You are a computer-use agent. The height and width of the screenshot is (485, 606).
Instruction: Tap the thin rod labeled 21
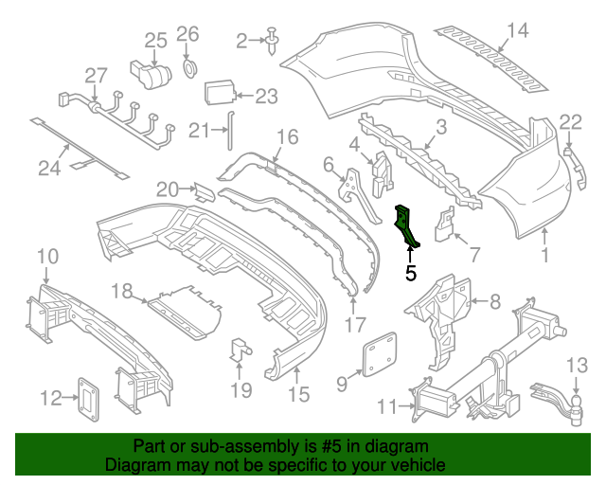tap(227, 131)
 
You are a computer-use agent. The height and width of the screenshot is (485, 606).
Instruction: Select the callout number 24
tap(49, 169)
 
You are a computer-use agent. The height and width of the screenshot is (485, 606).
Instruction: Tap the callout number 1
tap(544, 255)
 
